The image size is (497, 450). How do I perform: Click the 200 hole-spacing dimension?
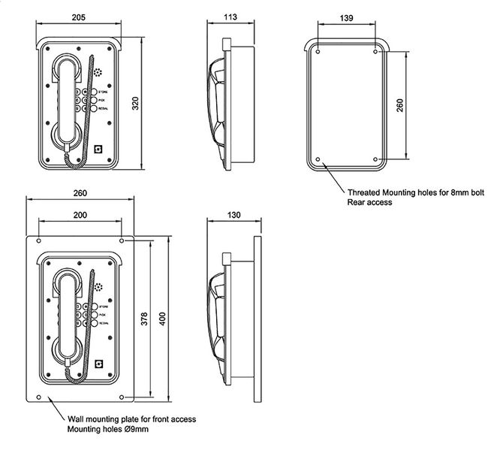point(80,215)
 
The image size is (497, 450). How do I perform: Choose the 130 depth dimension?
point(233,215)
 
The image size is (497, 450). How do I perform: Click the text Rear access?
point(369,203)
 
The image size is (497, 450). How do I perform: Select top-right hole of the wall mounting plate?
point(122,240)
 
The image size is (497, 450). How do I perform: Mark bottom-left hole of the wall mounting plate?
point(38,396)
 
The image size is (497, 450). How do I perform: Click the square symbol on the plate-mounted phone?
point(98,363)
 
